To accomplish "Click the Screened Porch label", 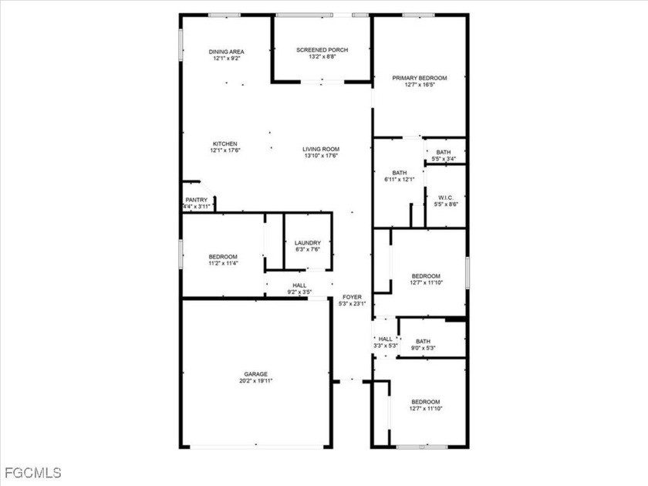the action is tap(322, 50).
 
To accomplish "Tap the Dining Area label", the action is tap(226, 52).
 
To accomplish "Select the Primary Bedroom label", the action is tap(420, 78).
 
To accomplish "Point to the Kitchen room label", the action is tap(224, 143).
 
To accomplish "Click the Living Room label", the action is tap(321, 149).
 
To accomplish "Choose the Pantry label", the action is tap(196, 200).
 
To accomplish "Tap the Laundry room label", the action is tap(308, 243).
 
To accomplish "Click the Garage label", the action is tap(255, 374).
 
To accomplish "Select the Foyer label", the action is tap(352, 297).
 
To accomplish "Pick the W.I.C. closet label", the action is tap(446, 197).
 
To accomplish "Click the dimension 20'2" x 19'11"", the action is tap(256, 380).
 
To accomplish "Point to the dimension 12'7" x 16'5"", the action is tap(420, 85).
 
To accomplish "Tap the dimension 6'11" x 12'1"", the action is tap(400, 179).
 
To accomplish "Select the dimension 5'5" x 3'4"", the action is tap(444, 159).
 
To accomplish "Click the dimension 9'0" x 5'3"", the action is tap(424, 348).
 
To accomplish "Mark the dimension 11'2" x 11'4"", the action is tap(223, 263).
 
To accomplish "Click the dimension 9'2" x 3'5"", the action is tap(299, 292).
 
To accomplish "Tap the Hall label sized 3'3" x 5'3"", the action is tap(386, 339).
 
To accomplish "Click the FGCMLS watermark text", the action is tap(33, 472).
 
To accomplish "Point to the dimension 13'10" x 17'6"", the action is tap(321, 156).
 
